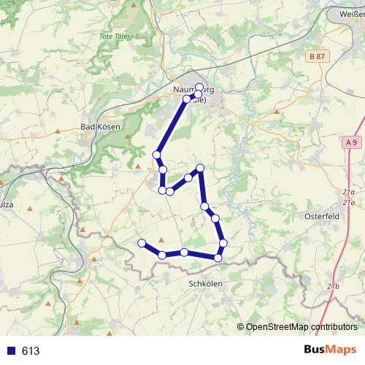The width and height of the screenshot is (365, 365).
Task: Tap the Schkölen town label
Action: tap(204, 283)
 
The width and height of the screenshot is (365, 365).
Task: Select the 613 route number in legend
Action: tap(31, 351)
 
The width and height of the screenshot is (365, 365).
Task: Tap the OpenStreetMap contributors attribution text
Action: tap(301, 327)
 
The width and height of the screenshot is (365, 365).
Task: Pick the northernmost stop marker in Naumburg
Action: tap(199, 88)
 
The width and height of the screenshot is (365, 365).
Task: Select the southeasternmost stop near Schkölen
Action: tap(218, 257)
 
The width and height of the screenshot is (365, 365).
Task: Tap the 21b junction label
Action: tap(334, 285)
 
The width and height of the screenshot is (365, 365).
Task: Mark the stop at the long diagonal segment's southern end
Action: tap(156, 155)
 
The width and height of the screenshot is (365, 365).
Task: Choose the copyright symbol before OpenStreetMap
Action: tap(241, 327)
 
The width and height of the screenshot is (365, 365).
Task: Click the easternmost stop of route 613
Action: tap(223, 242)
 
